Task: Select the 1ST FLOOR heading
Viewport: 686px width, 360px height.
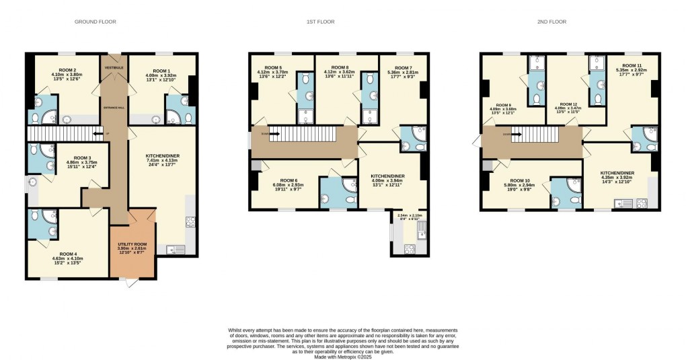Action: coord(321,22)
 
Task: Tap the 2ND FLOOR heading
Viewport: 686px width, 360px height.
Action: coord(552,22)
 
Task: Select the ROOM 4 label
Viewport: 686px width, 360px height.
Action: coord(69,254)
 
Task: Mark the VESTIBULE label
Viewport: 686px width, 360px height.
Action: coord(112,67)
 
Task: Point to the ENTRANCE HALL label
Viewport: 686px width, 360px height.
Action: coord(112,108)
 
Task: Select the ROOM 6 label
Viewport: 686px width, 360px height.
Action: coord(289,180)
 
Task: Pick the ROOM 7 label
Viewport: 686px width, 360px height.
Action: coord(403,67)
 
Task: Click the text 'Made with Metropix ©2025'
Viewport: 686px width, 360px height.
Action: coord(342,356)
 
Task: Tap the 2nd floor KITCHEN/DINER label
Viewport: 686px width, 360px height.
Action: coord(617,172)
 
